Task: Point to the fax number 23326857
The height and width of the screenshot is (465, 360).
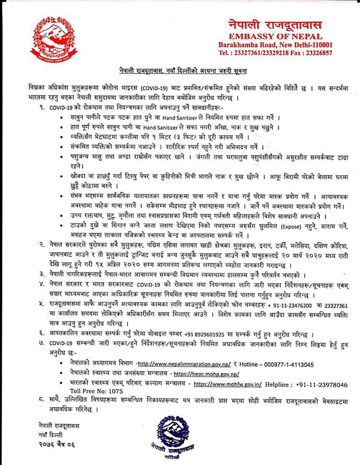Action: pos(317,53)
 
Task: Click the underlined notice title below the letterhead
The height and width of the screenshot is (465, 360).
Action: pos(180,69)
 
